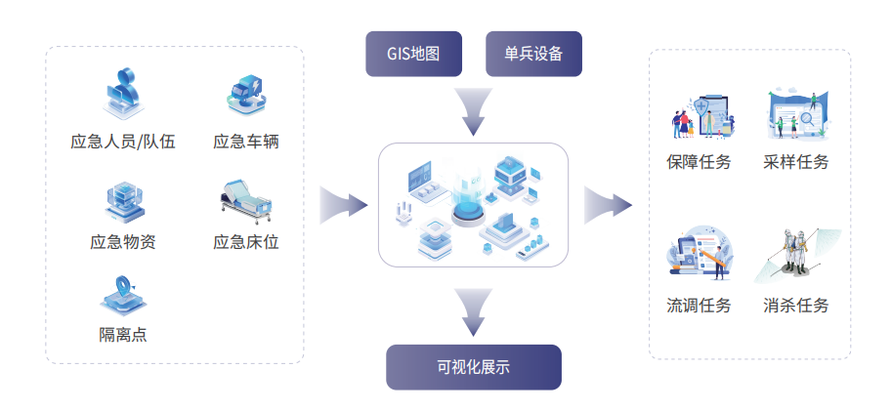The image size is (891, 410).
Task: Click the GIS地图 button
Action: click(414, 54)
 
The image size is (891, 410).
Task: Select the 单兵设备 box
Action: click(533, 54)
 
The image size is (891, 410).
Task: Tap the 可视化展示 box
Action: click(474, 367)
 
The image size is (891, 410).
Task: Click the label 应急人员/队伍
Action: click(123, 142)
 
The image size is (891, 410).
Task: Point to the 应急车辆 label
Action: click(246, 142)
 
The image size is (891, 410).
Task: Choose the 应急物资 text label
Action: click(123, 242)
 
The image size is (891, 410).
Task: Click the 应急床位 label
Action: click(246, 242)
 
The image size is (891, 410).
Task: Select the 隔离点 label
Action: click(123, 335)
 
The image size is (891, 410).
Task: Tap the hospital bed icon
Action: click(243, 201)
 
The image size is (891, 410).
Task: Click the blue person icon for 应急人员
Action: click(123, 93)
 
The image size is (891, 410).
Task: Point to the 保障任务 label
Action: click(699, 162)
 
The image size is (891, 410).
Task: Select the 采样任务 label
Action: click(796, 162)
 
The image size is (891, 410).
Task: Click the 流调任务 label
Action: click(699, 306)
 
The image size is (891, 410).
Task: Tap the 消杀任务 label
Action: click(796, 306)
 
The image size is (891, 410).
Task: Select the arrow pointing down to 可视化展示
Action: click(473, 309)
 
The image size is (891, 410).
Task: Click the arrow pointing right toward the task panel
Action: click(609, 205)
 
